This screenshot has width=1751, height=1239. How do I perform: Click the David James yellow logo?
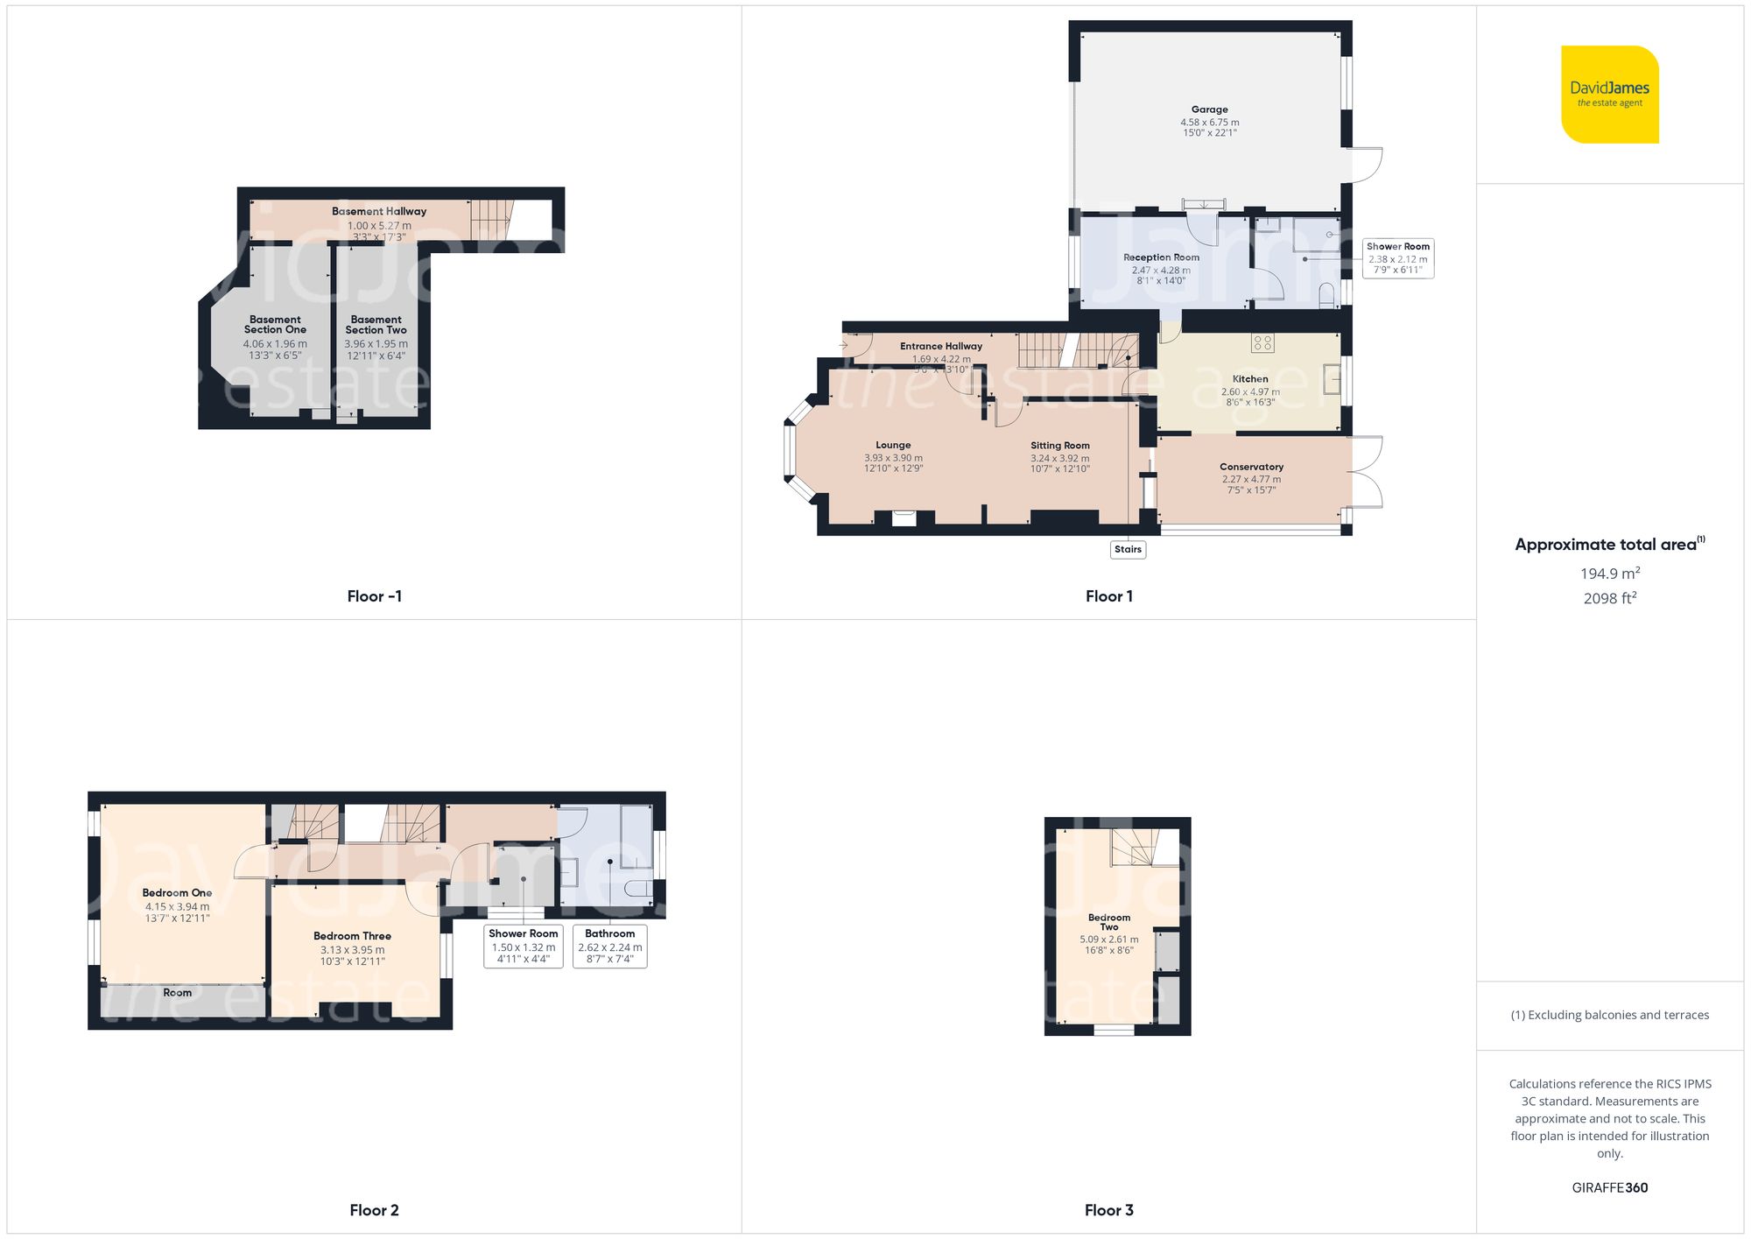1609,95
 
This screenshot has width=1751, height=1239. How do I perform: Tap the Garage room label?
1209,109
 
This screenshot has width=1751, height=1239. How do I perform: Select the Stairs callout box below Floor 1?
1128,549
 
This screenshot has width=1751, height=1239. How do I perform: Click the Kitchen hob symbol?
1262,343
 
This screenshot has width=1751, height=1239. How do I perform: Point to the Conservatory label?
1251,467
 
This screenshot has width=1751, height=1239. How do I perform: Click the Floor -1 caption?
374,596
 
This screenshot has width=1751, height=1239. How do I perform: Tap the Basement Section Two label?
376,325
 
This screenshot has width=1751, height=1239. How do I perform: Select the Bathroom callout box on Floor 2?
609,946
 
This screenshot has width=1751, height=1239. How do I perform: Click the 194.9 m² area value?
1609,574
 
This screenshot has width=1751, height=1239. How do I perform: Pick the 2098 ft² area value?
1609,598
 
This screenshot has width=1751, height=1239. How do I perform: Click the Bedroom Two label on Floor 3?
1108,922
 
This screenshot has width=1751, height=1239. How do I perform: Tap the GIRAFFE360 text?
1609,1187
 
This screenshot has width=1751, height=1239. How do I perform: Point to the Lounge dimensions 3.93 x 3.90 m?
893,458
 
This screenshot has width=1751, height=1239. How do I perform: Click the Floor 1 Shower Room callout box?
1397,258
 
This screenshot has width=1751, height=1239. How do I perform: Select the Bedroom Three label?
352,936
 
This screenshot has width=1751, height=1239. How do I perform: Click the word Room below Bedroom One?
177,992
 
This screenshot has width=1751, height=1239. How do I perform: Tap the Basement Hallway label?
379,211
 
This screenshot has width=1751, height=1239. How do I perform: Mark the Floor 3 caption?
1108,1210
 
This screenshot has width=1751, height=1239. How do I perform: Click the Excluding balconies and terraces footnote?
1609,1015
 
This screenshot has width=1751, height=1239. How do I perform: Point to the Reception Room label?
1161,257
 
